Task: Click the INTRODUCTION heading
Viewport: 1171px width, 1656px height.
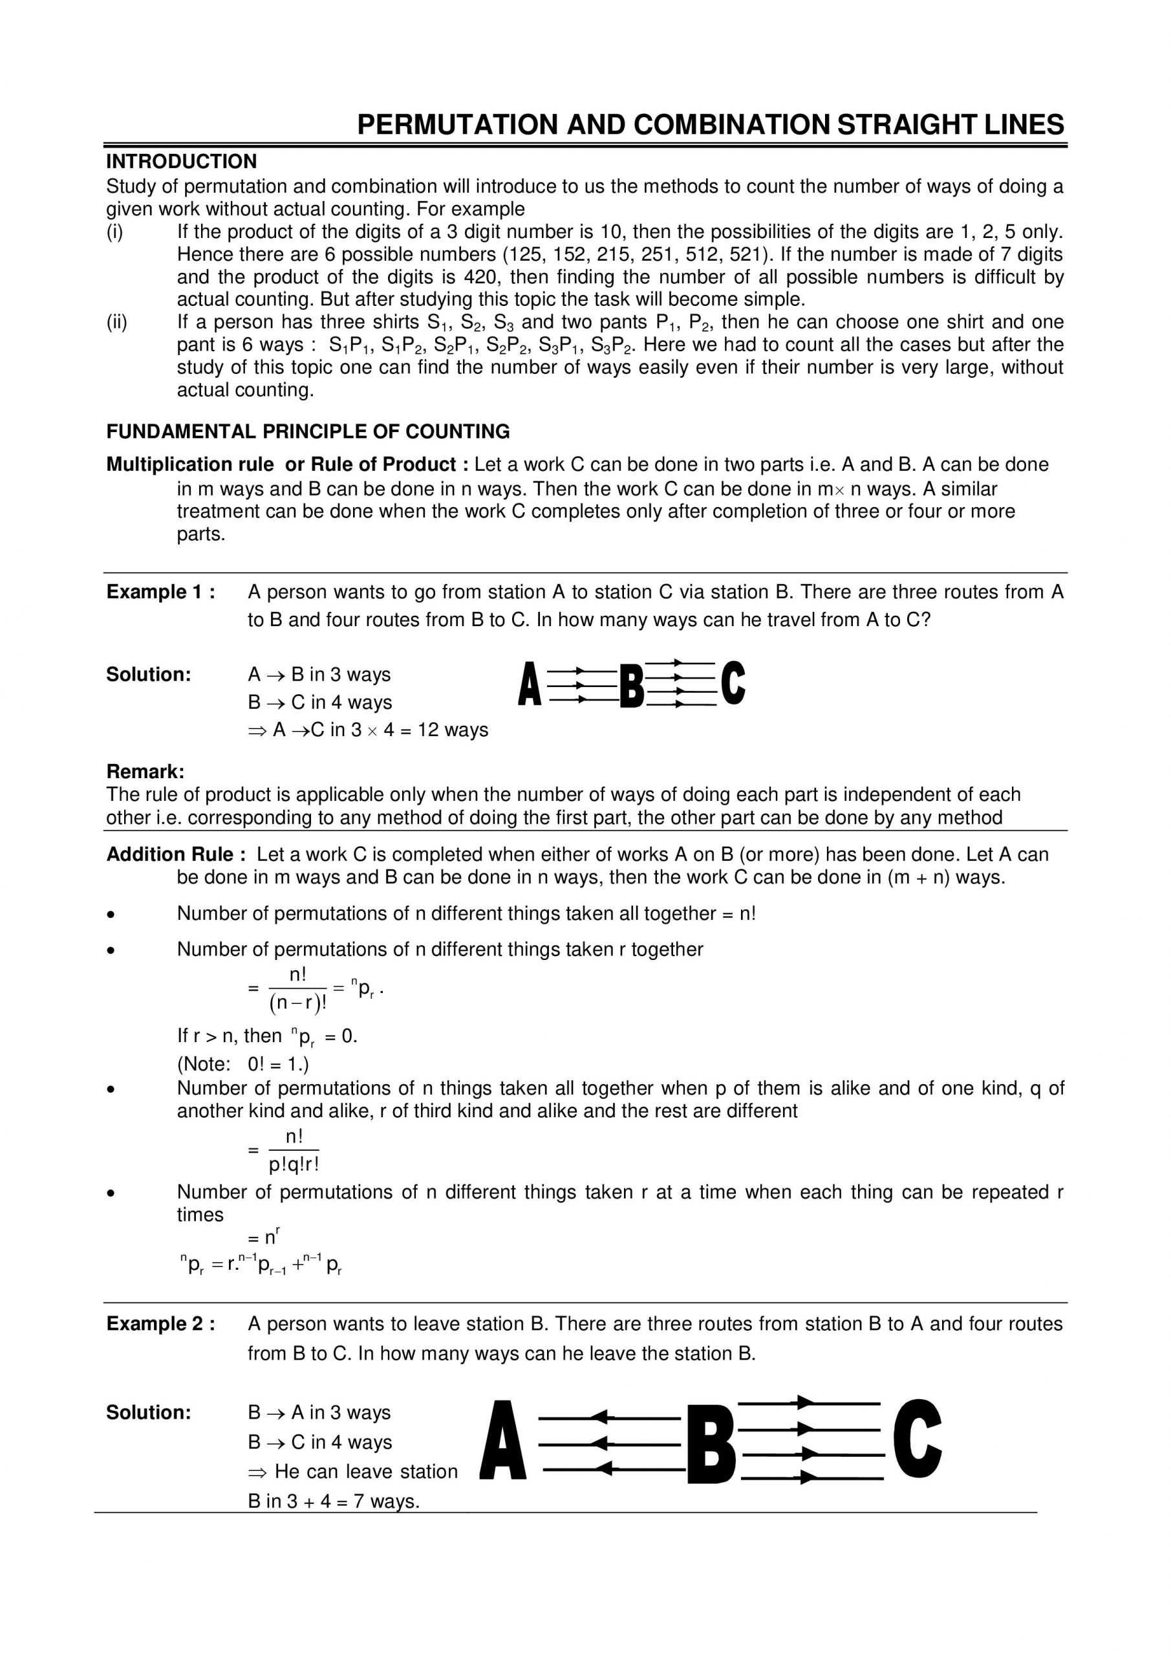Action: (181, 162)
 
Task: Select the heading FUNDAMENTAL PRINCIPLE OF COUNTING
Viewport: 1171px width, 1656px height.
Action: (308, 431)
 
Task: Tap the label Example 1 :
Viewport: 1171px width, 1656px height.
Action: (160, 592)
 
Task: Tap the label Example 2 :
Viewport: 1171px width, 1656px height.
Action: (160, 1324)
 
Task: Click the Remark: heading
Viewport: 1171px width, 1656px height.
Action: (145, 772)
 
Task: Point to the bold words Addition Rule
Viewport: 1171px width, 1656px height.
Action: (169, 855)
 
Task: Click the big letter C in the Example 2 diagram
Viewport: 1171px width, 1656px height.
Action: (917, 1441)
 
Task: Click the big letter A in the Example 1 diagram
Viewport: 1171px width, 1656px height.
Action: (530, 684)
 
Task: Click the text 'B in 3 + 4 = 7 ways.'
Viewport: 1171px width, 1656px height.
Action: (333, 1501)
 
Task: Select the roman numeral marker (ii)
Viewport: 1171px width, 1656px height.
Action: (117, 322)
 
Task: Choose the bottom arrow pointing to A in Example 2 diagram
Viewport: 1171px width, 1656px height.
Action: (610, 1468)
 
